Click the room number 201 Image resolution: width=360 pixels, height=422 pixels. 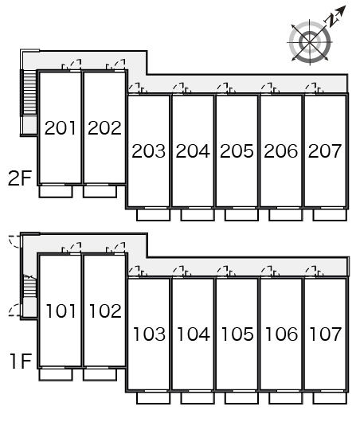tap(61, 128)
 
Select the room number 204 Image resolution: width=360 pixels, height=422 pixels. tap(193, 150)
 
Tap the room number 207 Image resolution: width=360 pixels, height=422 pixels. tap(325, 150)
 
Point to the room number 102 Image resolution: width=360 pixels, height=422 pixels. tap(105, 311)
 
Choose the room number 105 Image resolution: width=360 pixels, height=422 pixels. tap(237, 334)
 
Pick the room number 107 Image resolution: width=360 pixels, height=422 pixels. tap(326, 334)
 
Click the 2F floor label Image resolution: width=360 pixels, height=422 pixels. tap(20, 178)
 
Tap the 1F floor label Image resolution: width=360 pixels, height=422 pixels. tap(21, 361)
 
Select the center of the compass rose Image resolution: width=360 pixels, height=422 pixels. tap(310, 42)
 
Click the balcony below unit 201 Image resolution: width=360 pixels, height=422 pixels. tap(56, 191)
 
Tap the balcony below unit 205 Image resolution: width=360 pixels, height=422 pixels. tap(242, 215)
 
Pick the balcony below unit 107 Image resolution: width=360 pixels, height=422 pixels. tap(330, 398)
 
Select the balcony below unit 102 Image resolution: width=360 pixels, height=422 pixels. tap(100, 375)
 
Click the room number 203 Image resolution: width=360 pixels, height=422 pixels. tap(149, 150)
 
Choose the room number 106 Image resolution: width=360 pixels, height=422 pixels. tap(281, 334)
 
